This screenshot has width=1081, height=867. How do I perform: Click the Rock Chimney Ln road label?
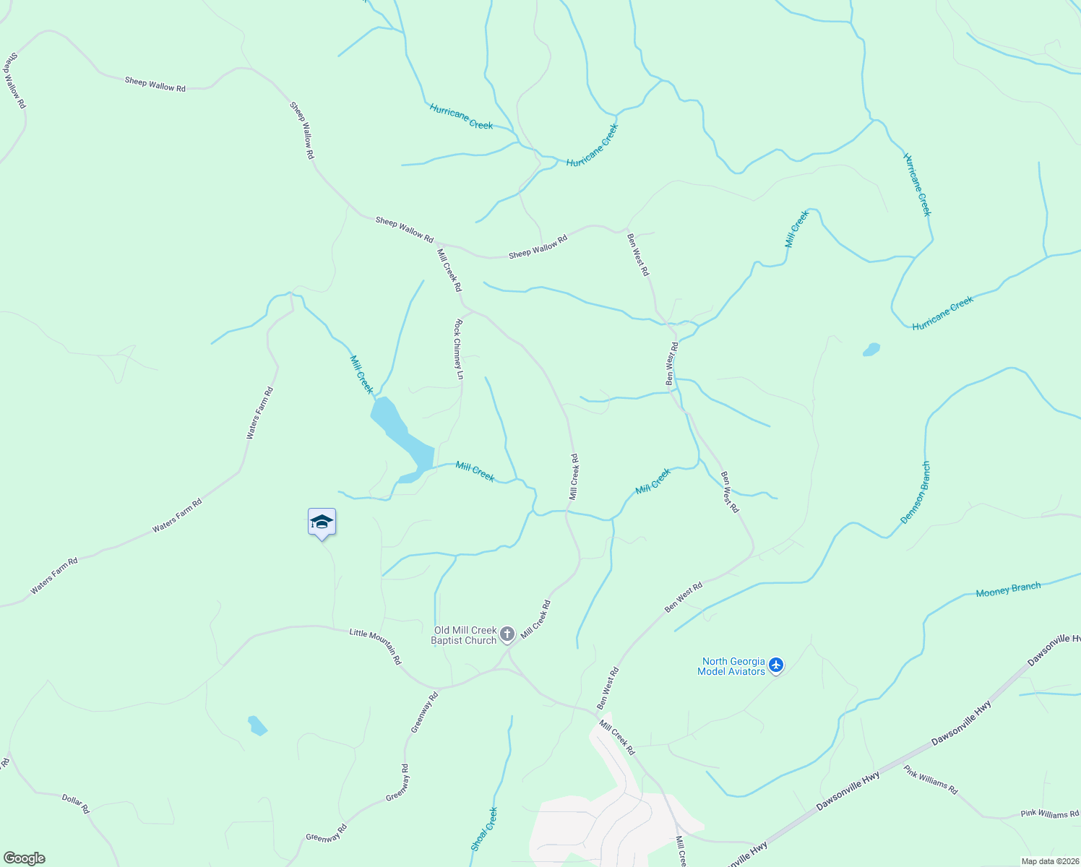(458, 350)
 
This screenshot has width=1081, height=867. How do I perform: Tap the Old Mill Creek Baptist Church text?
(465, 635)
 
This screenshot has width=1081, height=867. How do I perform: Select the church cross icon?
(507, 635)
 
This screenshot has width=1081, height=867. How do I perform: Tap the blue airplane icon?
(776, 665)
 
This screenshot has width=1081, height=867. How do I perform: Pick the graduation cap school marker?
(322, 522)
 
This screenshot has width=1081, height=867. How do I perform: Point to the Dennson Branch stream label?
(916, 493)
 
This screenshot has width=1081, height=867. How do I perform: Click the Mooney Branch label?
(1008, 590)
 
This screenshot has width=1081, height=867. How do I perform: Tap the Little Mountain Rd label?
(376, 646)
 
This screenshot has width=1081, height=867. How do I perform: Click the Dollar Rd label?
(75, 803)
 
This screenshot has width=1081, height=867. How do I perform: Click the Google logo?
(24, 858)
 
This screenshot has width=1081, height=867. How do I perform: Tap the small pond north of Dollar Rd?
(257, 725)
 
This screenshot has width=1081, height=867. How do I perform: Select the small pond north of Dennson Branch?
(871, 350)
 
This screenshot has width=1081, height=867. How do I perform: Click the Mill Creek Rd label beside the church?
(535, 619)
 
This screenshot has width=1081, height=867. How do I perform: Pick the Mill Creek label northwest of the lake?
(361, 374)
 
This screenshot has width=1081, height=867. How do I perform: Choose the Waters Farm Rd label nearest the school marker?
(177, 516)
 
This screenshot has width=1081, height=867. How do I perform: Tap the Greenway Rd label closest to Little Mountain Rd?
(424, 713)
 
